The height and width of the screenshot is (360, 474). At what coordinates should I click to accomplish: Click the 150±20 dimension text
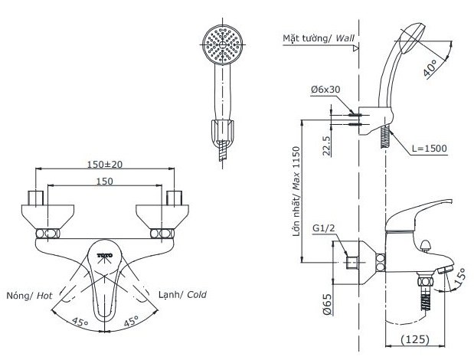tap(104, 165)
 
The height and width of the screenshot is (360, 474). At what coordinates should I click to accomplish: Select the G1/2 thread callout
tap(324, 227)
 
